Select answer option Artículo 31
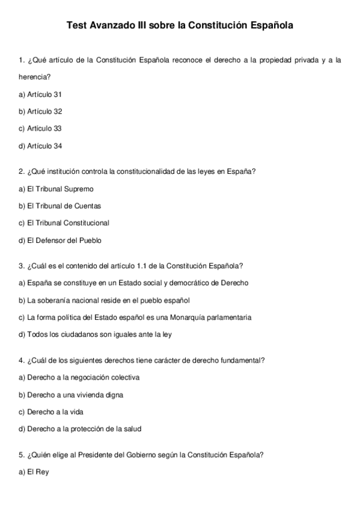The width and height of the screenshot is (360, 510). (x=40, y=94)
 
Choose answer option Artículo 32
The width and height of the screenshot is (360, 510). (x=40, y=111)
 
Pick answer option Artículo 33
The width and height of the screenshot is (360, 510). (x=40, y=128)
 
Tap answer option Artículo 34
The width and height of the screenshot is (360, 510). (x=40, y=146)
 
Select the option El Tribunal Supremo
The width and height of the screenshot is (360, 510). (x=56, y=189)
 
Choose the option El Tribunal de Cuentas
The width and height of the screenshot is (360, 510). (x=59, y=206)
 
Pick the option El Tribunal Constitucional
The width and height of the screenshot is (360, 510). (x=64, y=223)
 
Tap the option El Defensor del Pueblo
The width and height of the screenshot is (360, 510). (x=60, y=240)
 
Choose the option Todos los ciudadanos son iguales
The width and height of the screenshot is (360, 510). (x=95, y=334)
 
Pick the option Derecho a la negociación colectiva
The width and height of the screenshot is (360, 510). (x=79, y=377)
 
